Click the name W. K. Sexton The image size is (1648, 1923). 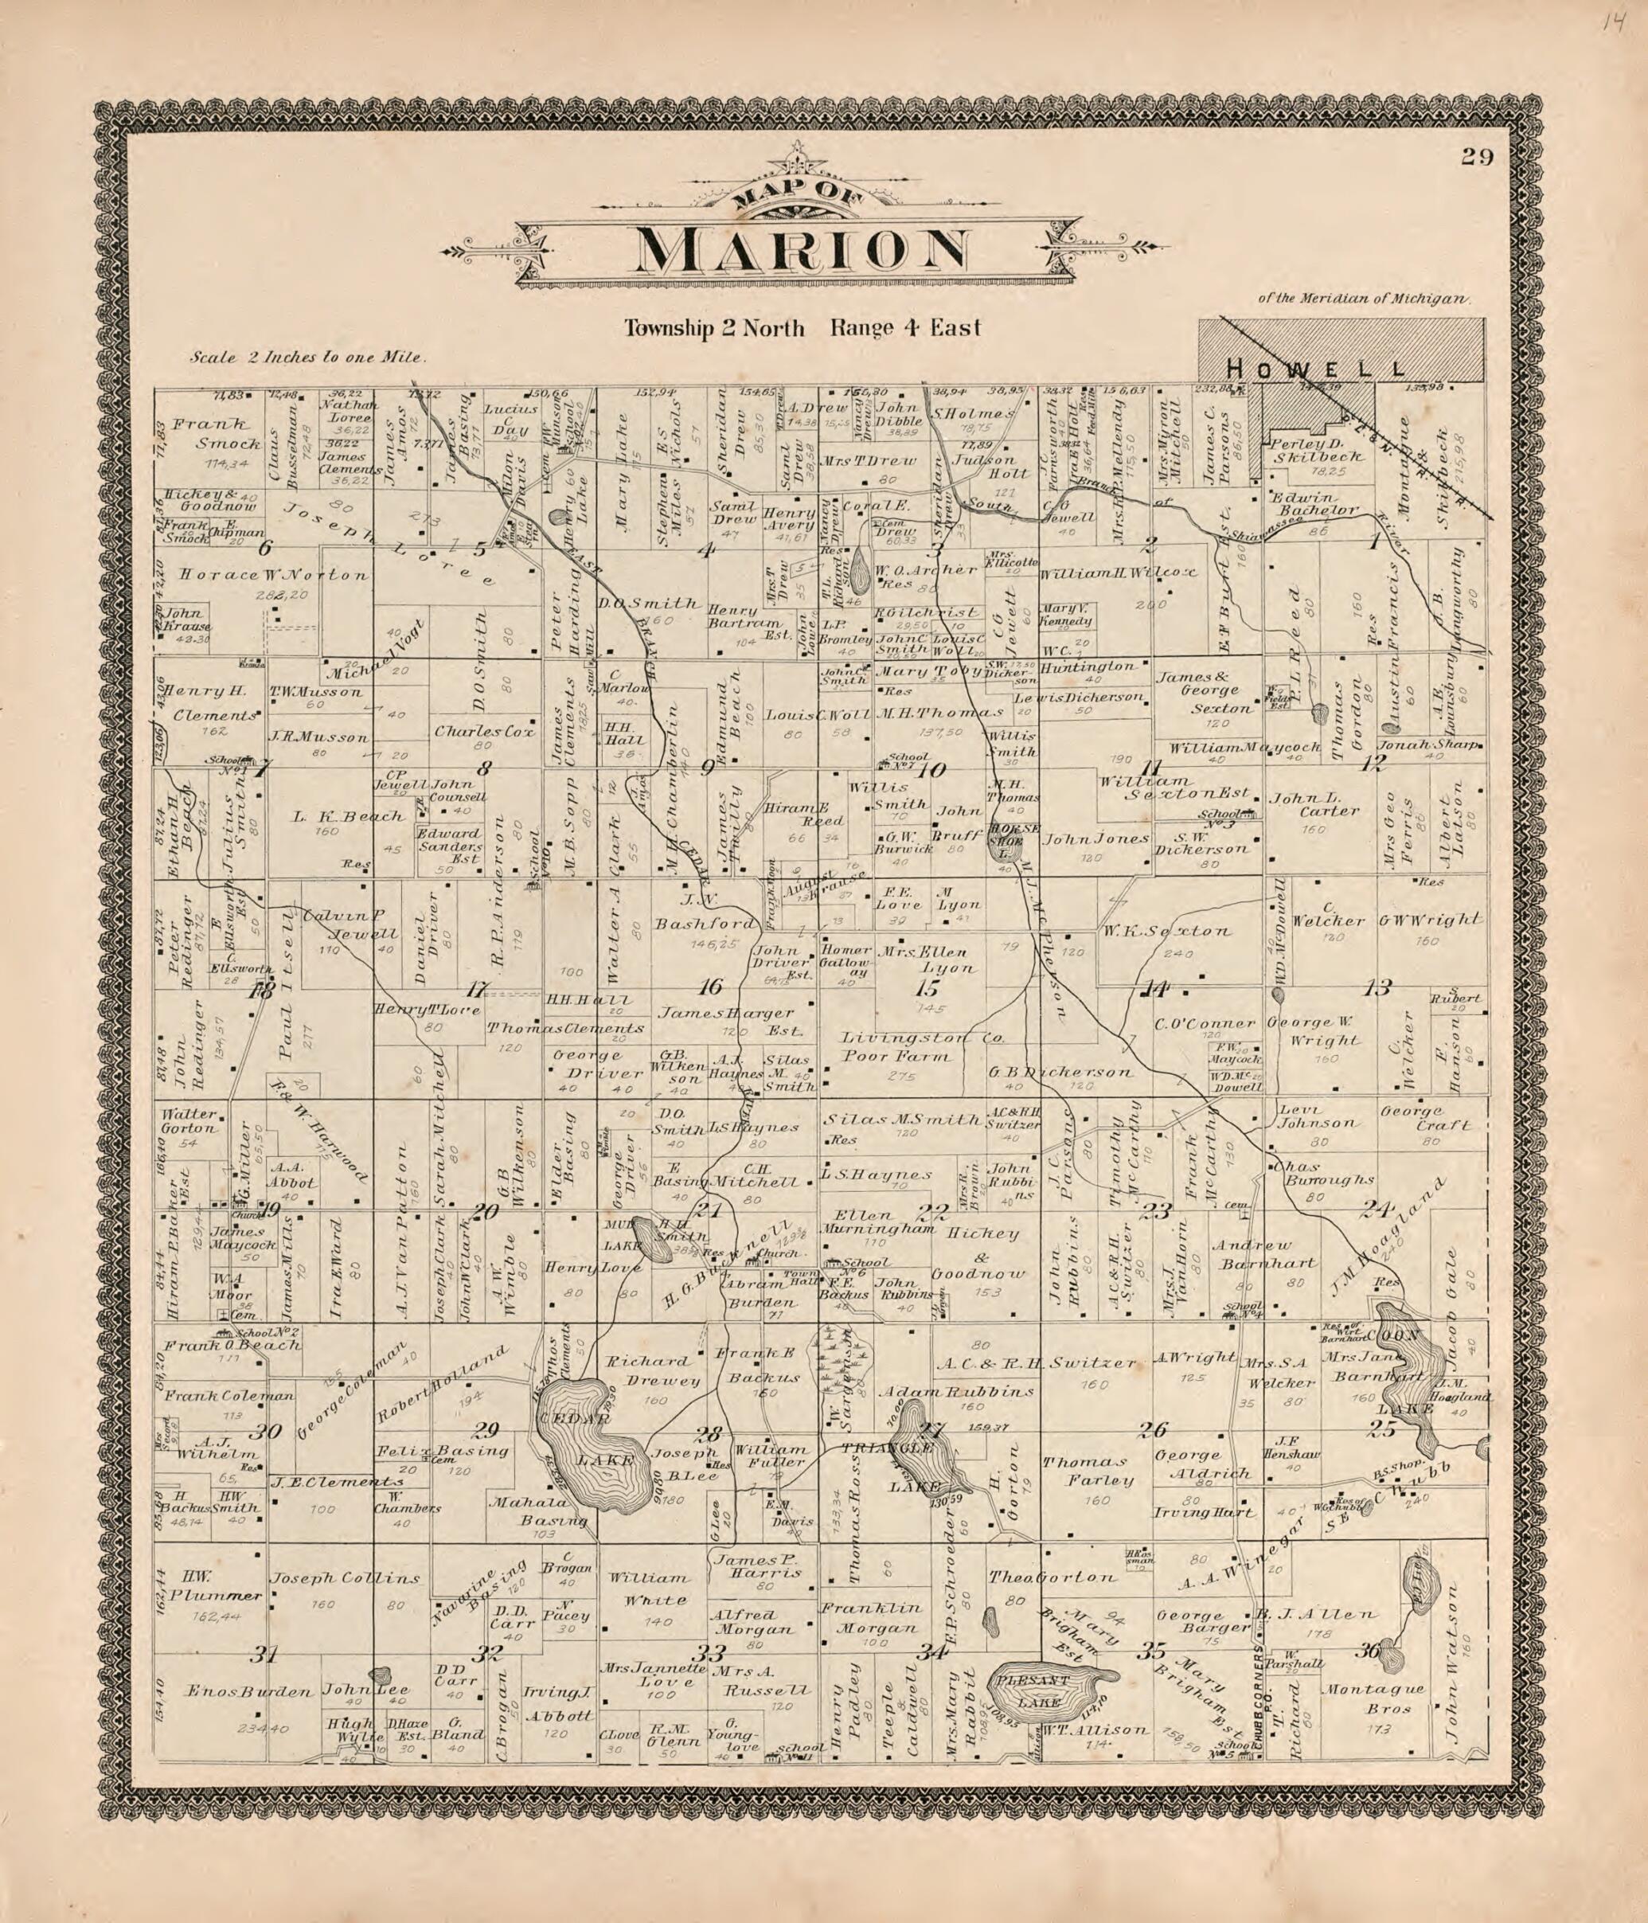(x=1166, y=931)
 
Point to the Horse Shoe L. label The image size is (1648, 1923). (x=1008, y=834)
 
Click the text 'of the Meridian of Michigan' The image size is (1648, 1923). (x=1364, y=299)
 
